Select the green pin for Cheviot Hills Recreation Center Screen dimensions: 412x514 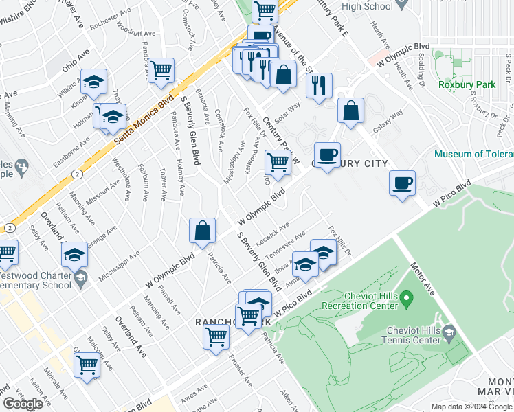pos(406,299)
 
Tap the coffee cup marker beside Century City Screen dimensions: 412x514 pos(327,154)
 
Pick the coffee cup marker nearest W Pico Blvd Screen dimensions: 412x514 pos(402,183)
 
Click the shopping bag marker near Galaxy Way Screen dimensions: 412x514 pos(350,111)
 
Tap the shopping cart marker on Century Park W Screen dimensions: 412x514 pos(278,163)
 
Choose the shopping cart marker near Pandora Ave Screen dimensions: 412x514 pos(161,70)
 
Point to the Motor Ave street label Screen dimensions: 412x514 pos(423,275)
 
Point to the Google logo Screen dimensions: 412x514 pos(23,404)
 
